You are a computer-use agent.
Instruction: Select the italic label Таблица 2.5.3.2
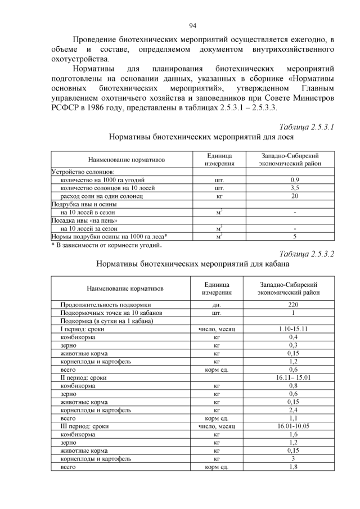point(307,253)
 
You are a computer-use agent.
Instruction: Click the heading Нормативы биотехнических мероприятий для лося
point(193,137)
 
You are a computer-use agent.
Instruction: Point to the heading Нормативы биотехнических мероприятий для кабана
point(193,263)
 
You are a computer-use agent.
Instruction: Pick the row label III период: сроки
point(84,426)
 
